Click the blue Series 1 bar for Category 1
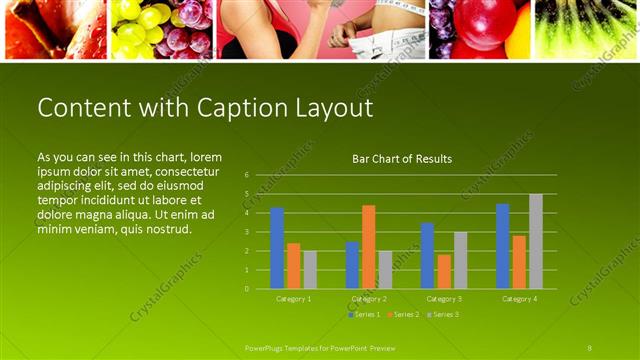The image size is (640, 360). click(277, 248)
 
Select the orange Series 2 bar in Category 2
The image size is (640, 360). click(369, 247)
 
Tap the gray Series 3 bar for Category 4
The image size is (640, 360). click(536, 241)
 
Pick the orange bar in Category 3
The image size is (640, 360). click(444, 272)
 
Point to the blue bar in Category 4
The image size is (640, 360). click(502, 246)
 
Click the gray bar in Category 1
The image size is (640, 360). click(310, 270)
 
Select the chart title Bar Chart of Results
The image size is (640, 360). click(402, 159)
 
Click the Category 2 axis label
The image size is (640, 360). click(369, 299)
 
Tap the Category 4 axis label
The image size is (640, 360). click(519, 299)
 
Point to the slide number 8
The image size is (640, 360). click(590, 347)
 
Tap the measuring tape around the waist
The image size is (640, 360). click(385, 40)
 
